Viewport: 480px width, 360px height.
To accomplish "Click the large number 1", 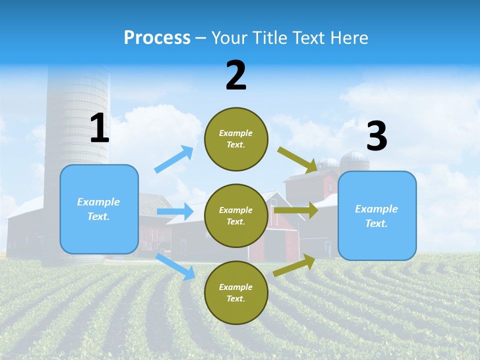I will tap(99, 128).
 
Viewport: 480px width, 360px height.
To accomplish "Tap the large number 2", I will tap(236, 75).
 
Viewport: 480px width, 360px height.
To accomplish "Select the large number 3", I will tap(376, 136).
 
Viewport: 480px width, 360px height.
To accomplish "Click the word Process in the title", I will tap(157, 37).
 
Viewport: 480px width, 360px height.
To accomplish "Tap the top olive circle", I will tap(236, 139).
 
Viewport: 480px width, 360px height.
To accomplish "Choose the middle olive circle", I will tap(236, 215).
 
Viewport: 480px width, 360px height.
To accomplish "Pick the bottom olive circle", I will tap(236, 292).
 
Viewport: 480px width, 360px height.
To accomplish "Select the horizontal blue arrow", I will tap(175, 211).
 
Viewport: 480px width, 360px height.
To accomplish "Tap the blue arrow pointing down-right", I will tap(175, 266).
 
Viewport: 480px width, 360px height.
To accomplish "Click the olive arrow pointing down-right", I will tap(297, 159).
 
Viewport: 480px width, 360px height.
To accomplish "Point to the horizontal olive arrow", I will tap(296, 210).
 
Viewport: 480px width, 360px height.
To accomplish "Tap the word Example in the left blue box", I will tap(98, 202).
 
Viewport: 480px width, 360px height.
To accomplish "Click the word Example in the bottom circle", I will tap(236, 287).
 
